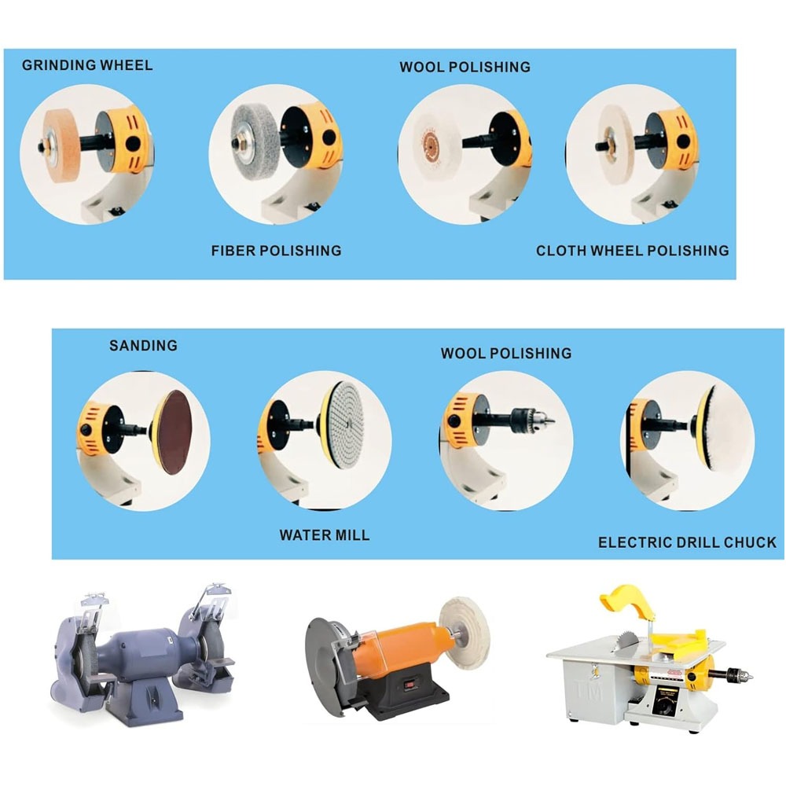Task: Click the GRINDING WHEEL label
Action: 87,65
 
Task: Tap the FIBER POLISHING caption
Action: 276,251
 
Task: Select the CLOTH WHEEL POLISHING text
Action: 633,251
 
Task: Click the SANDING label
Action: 143,345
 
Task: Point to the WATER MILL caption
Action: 325,534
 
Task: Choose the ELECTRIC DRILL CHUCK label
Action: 687,542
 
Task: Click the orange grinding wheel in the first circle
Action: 62,146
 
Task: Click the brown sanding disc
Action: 174,432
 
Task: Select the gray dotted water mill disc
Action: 346,424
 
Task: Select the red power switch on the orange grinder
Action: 410,683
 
